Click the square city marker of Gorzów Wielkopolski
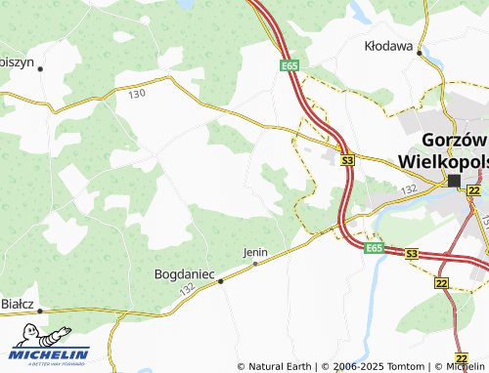[x=454, y=181]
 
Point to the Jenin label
[x=254, y=252]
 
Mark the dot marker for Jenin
[x=255, y=263]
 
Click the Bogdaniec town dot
[x=221, y=281]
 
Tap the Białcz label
[x=17, y=305]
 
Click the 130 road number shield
[x=136, y=94]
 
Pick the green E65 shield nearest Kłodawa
[x=288, y=65]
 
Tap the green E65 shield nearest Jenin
[x=375, y=249]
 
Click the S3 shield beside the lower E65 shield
[x=412, y=254]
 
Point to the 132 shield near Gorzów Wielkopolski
[x=409, y=188]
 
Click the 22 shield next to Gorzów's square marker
[x=474, y=190]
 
